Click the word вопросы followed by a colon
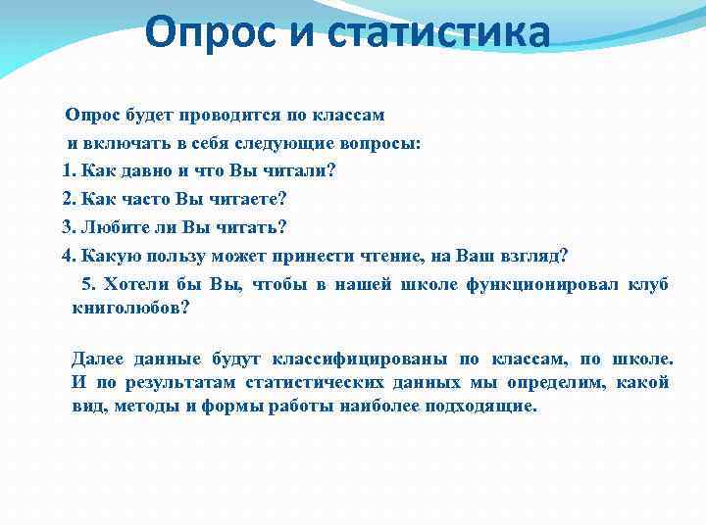pos(384,143)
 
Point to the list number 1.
pos(67,171)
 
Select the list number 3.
pos(67,228)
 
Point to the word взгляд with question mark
pos(537,257)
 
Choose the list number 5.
pos(87,285)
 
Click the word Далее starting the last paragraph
pos(97,359)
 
